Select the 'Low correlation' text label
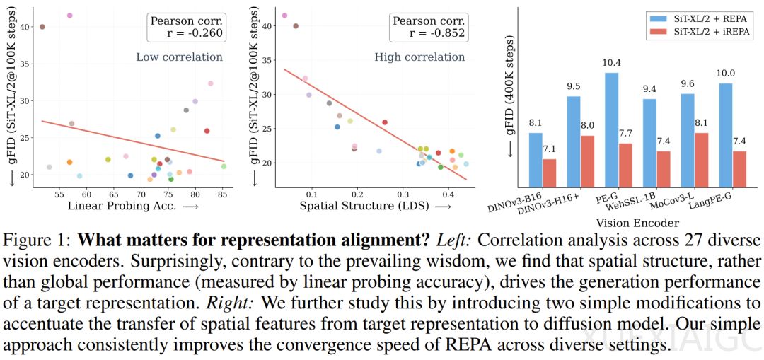click(x=179, y=57)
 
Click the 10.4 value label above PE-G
click(x=612, y=64)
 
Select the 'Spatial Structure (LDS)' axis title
click(x=367, y=206)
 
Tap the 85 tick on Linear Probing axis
click(x=223, y=193)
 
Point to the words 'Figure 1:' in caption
click(x=35, y=240)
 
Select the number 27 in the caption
click(x=662, y=240)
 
